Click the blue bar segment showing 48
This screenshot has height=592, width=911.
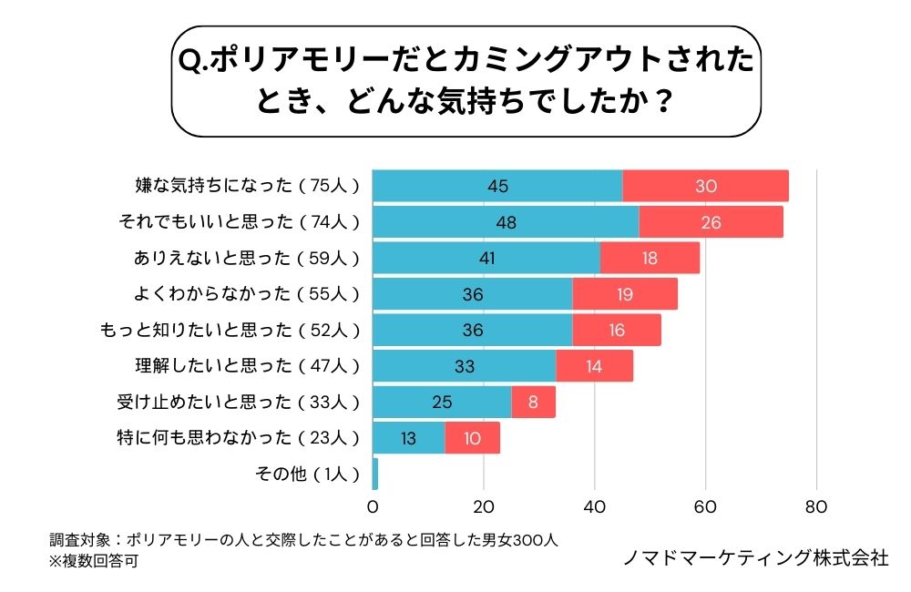(506, 222)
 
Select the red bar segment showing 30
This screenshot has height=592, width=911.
(705, 186)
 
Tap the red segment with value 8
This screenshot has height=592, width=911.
(533, 402)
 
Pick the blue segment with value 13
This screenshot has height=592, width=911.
(408, 438)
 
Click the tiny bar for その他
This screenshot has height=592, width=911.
(375, 474)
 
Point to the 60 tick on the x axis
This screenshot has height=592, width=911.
(705, 507)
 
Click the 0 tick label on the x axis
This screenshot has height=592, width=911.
(373, 507)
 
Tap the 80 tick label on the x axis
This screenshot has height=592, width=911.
(816, 507)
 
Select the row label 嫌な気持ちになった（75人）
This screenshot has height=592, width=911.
(246, 186)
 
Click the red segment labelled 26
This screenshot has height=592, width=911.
(711, 222)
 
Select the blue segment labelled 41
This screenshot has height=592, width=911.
(486, 258)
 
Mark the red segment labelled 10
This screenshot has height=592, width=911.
(472, 438)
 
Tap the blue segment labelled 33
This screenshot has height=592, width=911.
(464, 366)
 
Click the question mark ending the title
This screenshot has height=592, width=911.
(663, 99)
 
